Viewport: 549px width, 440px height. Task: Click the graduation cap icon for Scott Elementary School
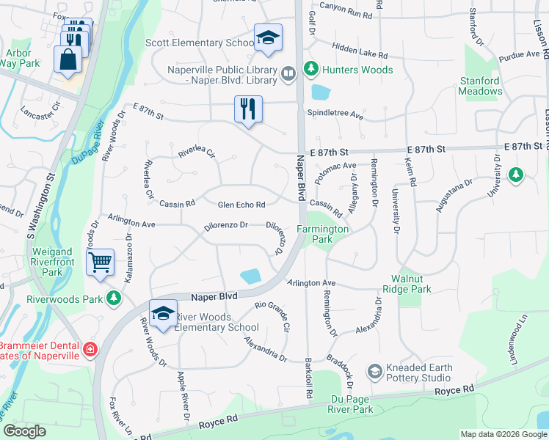pos(269,39)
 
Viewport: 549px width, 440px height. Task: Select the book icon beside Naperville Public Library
pos(288,73)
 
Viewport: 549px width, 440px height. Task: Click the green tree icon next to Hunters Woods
pos(311,69)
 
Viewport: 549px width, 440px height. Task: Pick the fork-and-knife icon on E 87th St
pos(248,110)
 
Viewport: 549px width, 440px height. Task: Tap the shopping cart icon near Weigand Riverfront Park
pos(100,262)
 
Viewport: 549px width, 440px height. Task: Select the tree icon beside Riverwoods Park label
pos(113,298)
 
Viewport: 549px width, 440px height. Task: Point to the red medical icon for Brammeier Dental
pos(90,350)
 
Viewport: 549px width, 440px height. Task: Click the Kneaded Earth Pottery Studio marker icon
pos(376,373)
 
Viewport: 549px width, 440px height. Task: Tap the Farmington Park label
pos(322,234)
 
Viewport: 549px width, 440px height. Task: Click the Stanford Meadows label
pos(481,86)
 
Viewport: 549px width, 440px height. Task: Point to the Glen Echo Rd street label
pos(241,204)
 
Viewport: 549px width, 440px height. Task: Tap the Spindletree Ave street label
pos(335,115)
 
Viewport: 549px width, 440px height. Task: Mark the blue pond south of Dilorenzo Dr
pos(250,276)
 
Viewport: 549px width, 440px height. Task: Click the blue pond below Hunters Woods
pos(321,92)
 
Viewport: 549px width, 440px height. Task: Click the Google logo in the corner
pos(24,432)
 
